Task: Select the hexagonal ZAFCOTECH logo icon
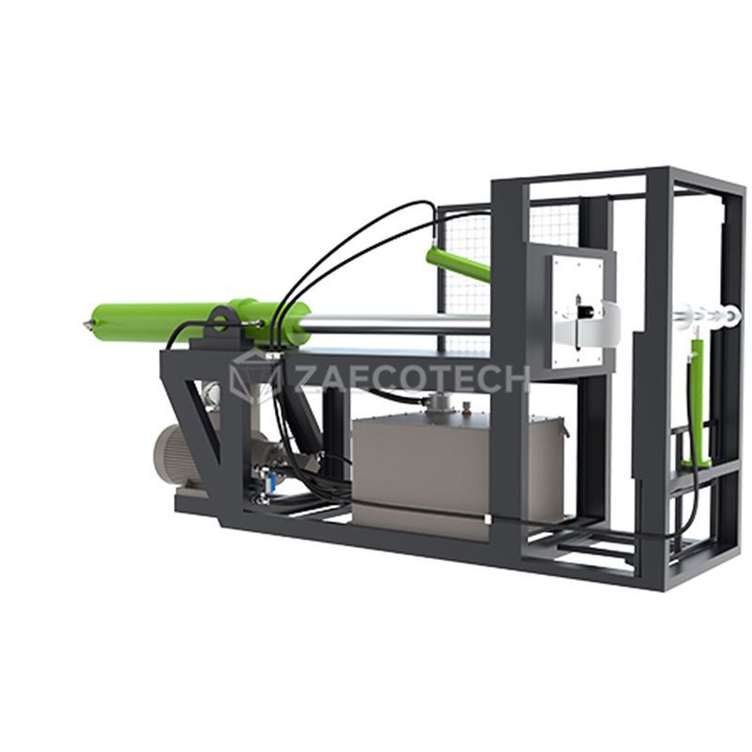[253, 376]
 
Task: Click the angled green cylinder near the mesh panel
[458, 264]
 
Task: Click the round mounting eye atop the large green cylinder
[221, 319]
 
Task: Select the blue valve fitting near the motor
[269, 481]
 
